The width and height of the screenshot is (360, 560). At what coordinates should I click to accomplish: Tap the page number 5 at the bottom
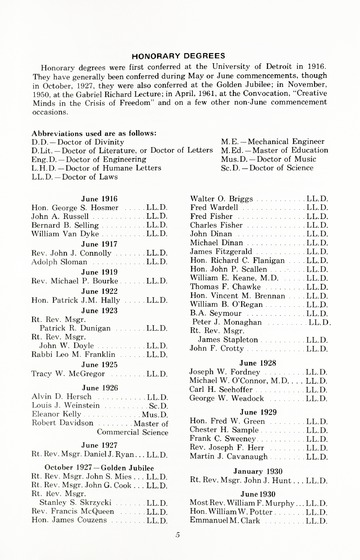179,535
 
